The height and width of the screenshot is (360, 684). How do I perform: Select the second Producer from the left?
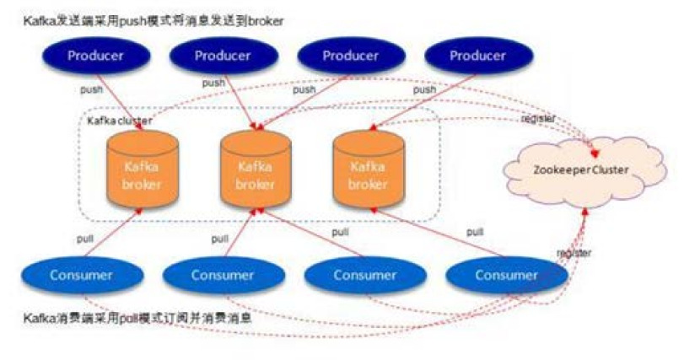(223, 56)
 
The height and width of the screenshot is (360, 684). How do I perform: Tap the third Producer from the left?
(351, 56)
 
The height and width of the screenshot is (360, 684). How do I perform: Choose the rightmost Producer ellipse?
(477, 56)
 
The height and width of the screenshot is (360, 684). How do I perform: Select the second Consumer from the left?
(222, 275)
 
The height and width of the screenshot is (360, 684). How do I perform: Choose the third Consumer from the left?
(364, 275)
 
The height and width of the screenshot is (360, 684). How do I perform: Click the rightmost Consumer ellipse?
(506, 275)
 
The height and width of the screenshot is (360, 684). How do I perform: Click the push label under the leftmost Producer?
(91, 89)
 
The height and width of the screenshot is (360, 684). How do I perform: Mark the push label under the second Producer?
(213, 83)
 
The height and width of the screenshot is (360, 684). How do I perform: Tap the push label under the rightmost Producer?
(424, 89)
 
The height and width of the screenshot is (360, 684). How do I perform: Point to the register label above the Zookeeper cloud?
(538, 119)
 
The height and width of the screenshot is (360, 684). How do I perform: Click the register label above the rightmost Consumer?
(573, 253)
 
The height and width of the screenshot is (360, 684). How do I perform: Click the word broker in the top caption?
(265, 20)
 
